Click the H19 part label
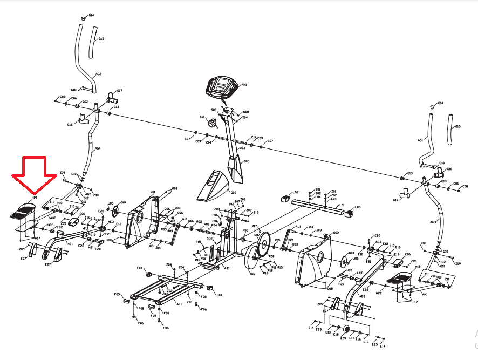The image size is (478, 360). point(34,199)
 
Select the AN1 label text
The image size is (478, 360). point(244,85)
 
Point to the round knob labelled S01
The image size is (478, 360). point(211,123)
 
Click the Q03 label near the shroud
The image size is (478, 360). point(234,192)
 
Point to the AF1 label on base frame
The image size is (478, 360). point(180,304)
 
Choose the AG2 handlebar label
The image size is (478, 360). point(98,74)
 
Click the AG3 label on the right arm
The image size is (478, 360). point(433,222)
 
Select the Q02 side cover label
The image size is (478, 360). point(336,233)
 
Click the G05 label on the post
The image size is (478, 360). point(246,161)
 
